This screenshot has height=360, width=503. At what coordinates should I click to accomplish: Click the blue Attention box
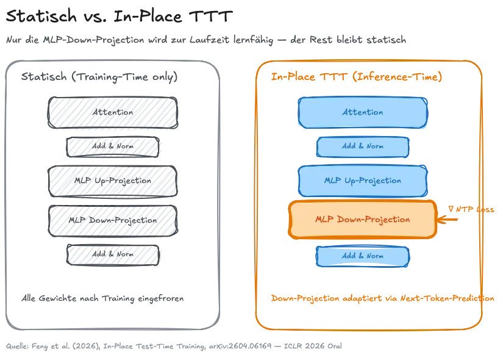(x=362, y=112)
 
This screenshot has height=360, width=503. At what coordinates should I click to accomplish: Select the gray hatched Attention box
(x=113, y=113)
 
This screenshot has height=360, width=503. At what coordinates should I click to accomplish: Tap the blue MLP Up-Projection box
(x=362, y=181)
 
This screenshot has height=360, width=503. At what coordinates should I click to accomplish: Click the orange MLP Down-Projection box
(x=362, y=219)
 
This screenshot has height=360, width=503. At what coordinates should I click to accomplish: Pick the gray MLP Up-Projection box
(x=113, y=181)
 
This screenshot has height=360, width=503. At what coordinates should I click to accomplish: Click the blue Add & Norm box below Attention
(x=362, y=146)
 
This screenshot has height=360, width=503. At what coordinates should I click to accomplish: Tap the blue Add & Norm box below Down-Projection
(x=362, y=256)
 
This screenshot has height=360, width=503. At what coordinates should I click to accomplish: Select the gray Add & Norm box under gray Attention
(x=113, y=146)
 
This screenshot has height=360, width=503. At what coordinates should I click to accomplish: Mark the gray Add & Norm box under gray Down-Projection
(x=113, y=254)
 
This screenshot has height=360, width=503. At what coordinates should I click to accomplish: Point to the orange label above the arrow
(x=472, y=209)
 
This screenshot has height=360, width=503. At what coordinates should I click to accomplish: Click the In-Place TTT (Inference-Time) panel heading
(x=357, y=77)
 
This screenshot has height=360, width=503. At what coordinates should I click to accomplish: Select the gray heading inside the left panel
(x=101, y=77)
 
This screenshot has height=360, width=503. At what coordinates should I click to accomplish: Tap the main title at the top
(x=119, y=16)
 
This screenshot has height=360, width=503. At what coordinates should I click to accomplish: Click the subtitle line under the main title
(x=207, y=40)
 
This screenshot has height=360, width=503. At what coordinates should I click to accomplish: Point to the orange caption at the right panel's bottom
(x=382, y=298)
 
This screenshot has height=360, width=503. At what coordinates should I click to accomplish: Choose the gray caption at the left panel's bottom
(x=101, y=298)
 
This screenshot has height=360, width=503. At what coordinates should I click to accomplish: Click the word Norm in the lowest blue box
(x=374, y=256)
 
